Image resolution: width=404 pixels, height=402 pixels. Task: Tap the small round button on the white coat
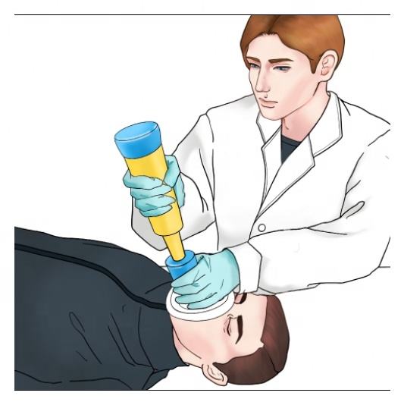[x=261, y=227]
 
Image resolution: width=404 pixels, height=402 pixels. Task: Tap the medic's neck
[x=299, y=121]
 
